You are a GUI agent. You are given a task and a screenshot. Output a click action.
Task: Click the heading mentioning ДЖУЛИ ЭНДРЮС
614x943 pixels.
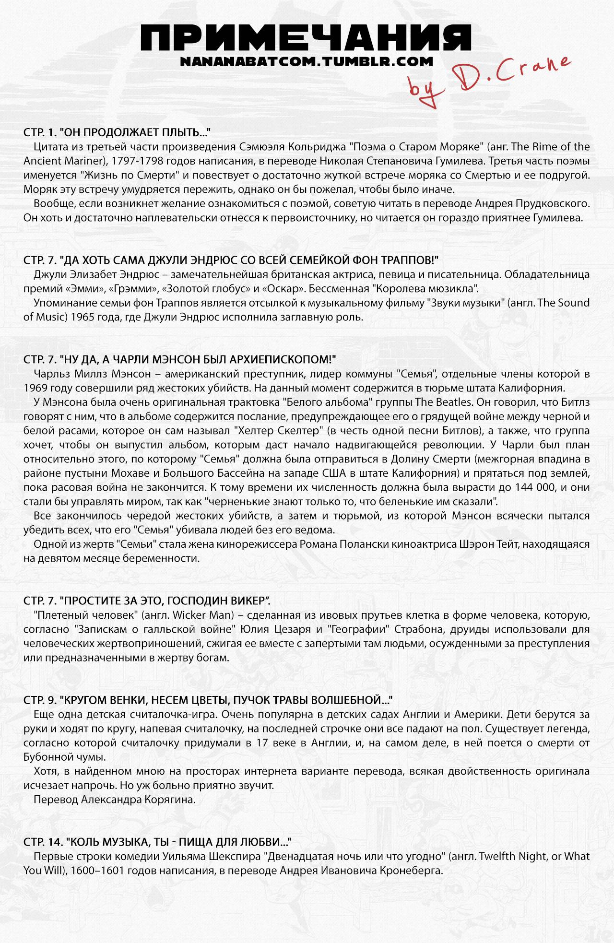coord(232,260)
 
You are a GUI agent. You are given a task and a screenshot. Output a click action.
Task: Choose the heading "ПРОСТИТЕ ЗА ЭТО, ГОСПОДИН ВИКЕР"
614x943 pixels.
coord(147,601)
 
